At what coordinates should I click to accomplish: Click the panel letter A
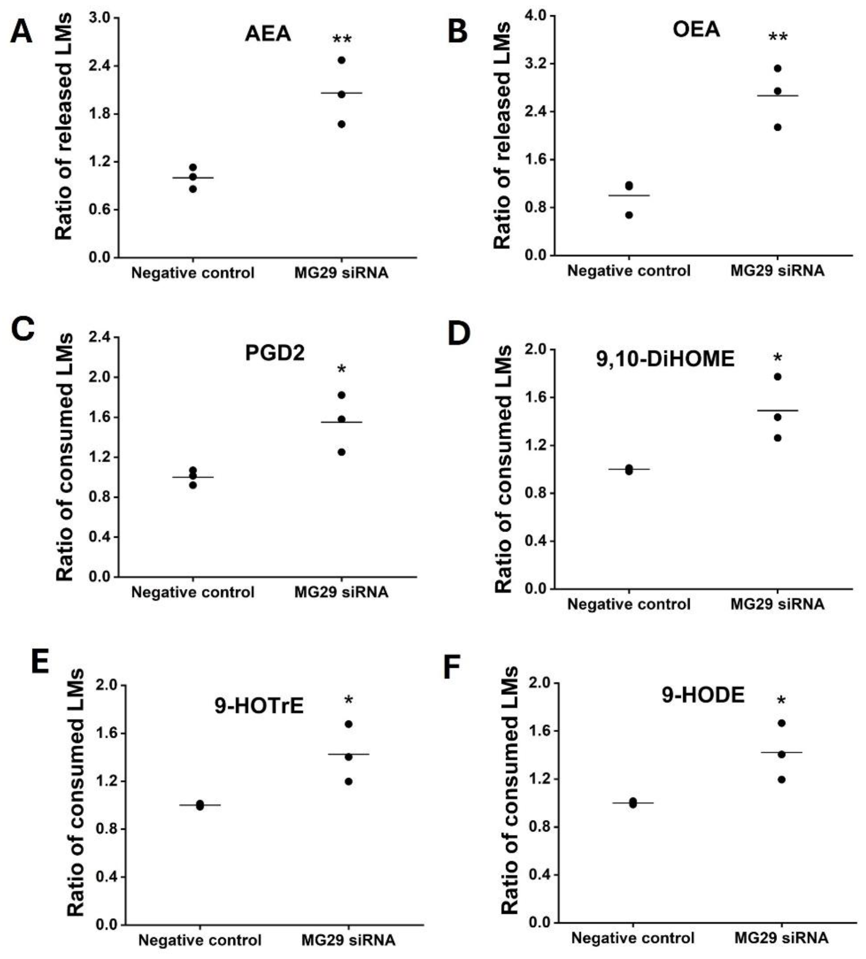click(21, 33)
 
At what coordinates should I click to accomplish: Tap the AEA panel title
click(268, 34)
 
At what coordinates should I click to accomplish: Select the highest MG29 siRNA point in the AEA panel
click(341, 60)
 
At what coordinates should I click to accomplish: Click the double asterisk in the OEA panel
click(778, 37)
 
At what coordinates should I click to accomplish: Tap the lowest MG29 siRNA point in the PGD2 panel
click(341, 452)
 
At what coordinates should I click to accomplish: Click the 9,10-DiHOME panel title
click(665, 359)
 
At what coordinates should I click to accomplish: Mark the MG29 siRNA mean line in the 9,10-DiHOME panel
click(778, 410)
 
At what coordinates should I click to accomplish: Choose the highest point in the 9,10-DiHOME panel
click(778, 377)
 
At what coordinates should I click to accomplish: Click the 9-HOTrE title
click(259, 706)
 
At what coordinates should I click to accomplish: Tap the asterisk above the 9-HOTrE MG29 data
click(349, 700)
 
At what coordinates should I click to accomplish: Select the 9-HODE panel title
click(703, 696)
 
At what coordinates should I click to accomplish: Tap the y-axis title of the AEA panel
click(64, 127)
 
